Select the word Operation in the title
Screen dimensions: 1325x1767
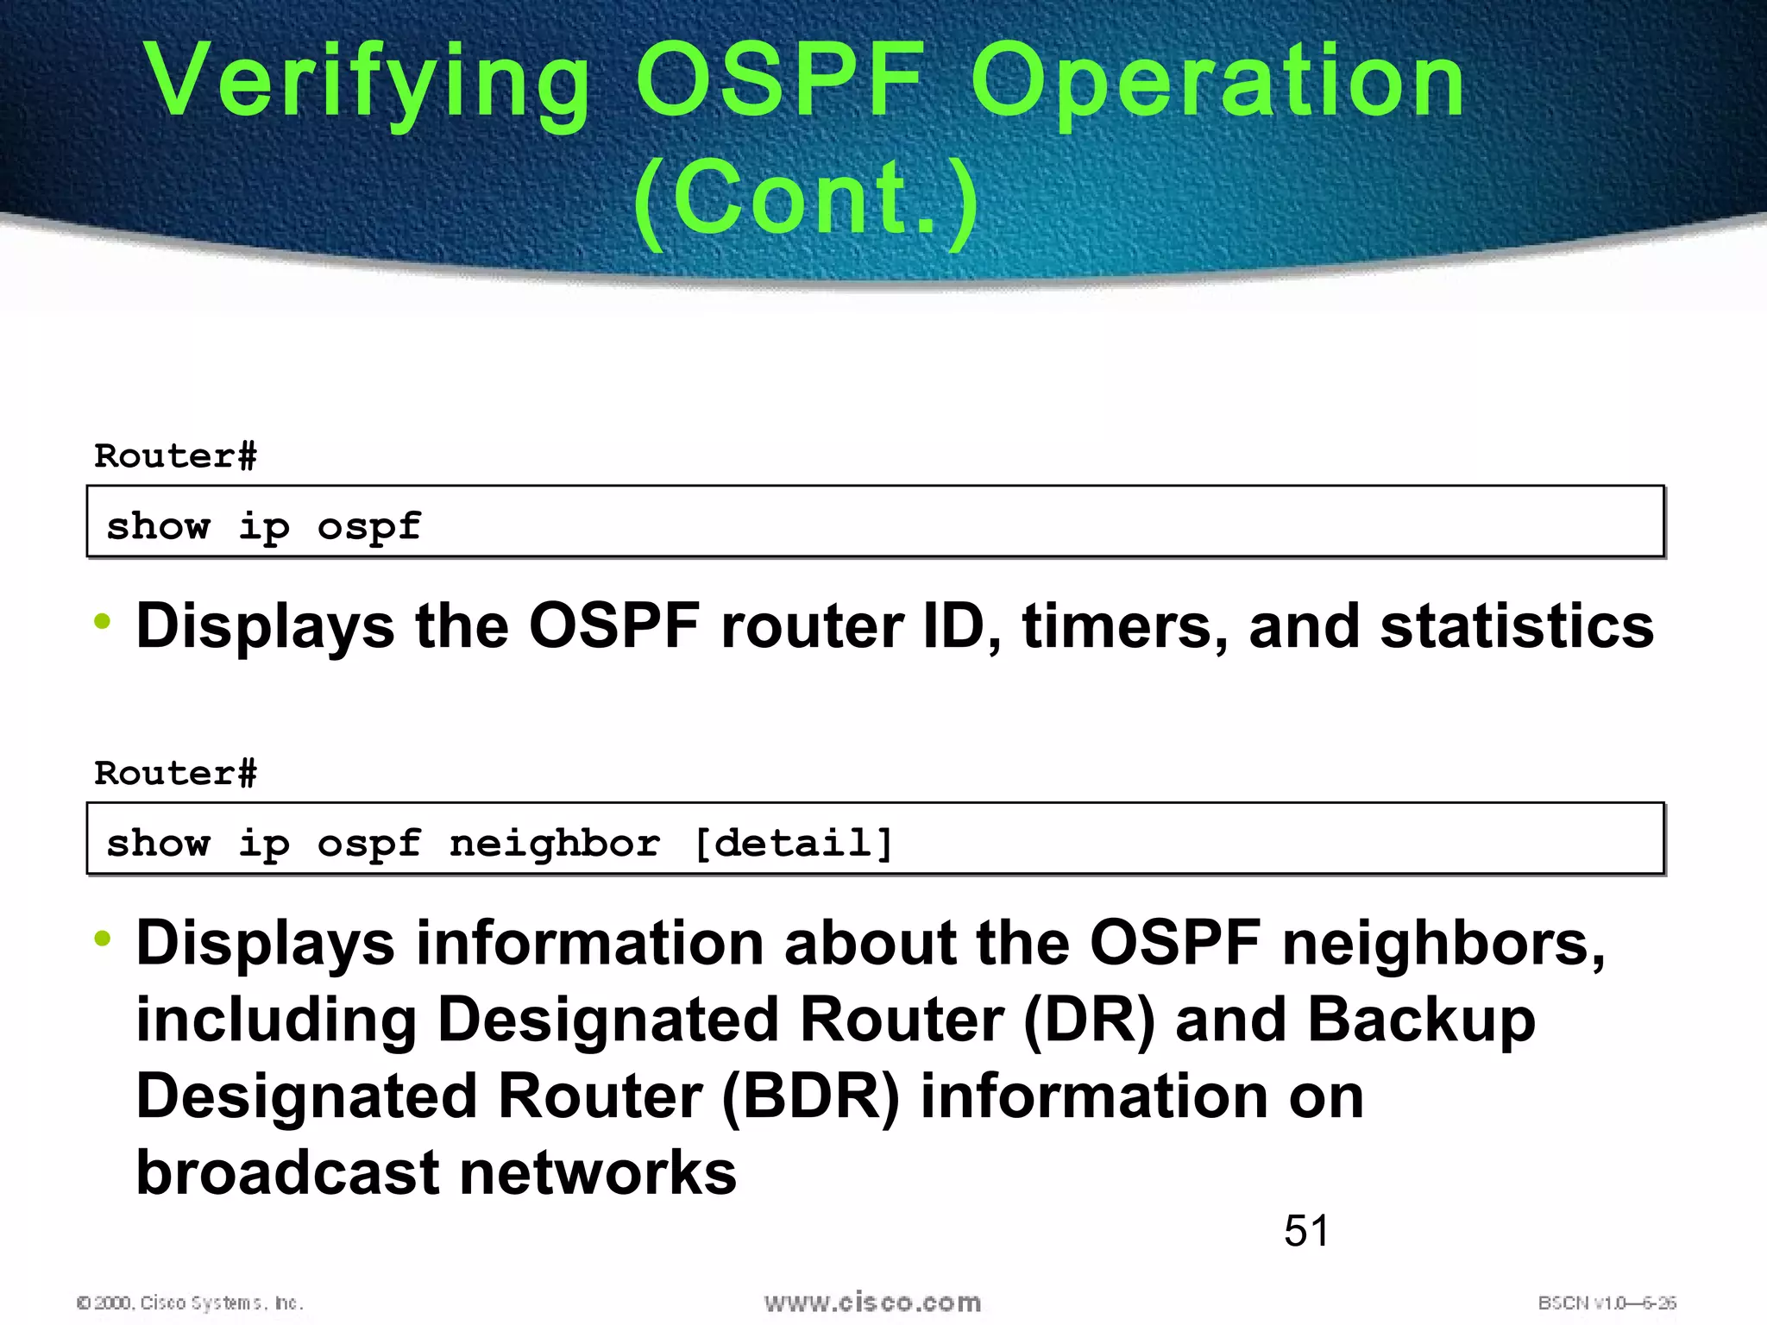pos(1217,82)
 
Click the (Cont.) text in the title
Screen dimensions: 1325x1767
pos(806,200)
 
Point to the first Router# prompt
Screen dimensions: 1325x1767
pos(175,456)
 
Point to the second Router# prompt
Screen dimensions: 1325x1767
pos(175,774)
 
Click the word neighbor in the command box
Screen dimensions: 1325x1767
pos(555,843)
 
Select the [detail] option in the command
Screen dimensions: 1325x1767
pos(793,843)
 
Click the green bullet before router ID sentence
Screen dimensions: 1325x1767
pos(103,621)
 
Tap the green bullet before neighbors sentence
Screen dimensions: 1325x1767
pos(103,939)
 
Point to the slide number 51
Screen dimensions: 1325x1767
pos(1306,1230)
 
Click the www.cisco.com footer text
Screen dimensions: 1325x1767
pos(872,1303)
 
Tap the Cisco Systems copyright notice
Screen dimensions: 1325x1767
pos(190,1303)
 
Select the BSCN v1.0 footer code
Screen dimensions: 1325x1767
pos(1606,1303)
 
